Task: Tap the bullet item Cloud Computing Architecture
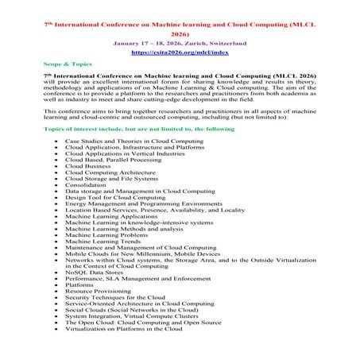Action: [x=113, y=172]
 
